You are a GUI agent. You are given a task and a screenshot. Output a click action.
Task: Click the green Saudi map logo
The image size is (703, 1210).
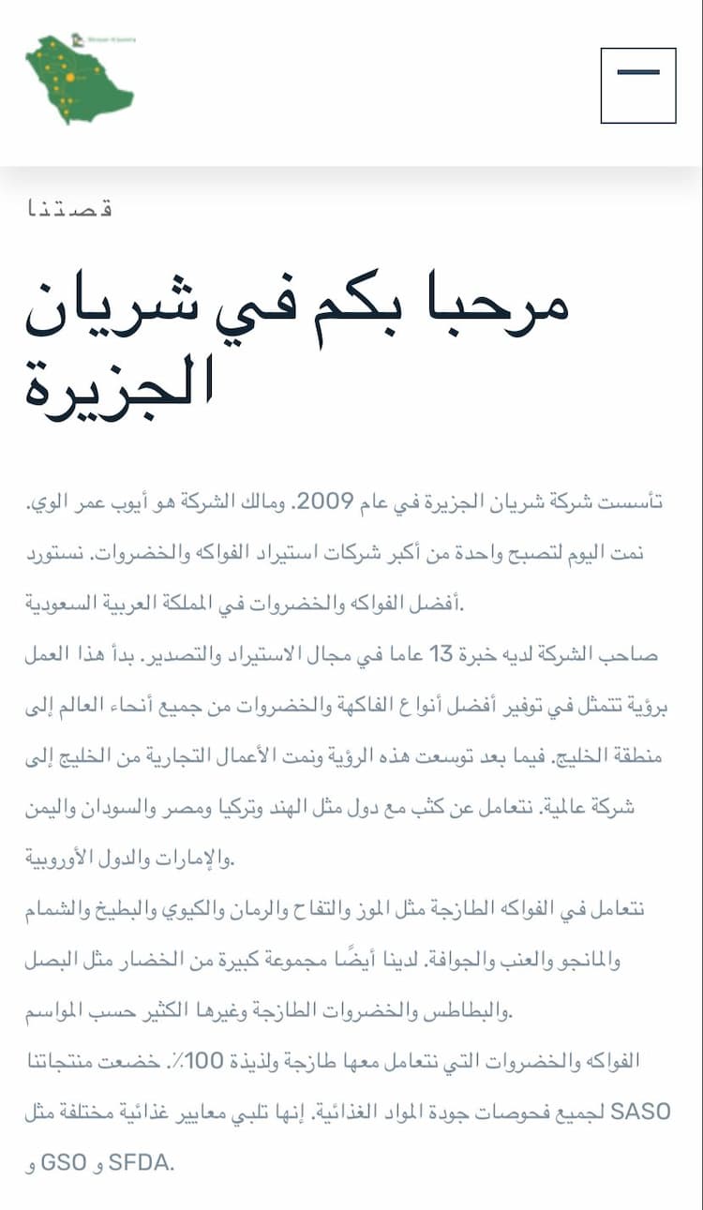[x=79, y=81]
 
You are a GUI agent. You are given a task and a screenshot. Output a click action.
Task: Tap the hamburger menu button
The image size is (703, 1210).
[x=638, y=85]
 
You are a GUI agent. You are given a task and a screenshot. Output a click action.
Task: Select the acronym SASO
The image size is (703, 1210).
[x=640, y=1113]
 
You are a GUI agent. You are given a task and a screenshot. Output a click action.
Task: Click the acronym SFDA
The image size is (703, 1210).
[x=142, y=1164]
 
